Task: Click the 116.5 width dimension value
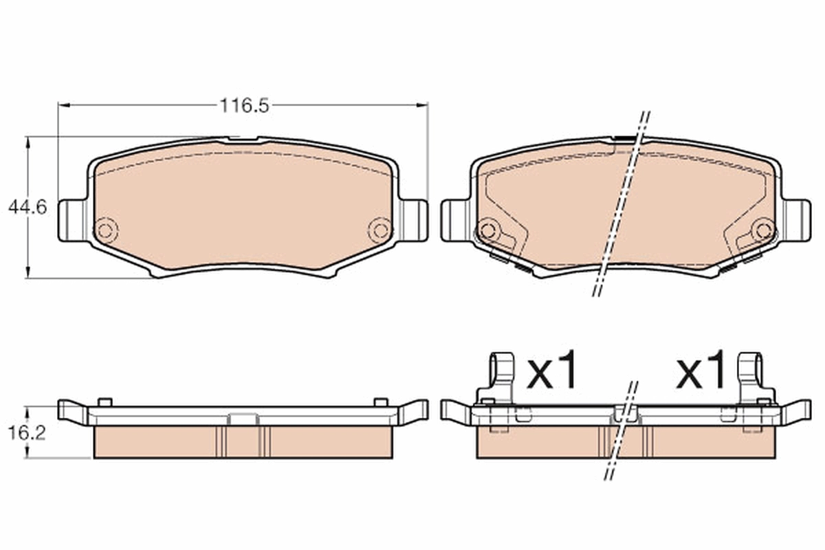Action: [245, 106]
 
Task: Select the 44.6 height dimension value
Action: [27, 208]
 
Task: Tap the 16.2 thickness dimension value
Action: [27, 433]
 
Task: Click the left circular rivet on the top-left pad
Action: [105, 230]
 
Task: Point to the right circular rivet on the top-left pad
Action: [380, 230]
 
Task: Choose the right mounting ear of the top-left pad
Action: [413, 220]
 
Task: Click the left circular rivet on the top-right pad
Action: [488, 230]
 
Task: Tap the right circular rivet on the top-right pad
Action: [763, 230]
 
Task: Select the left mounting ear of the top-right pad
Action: [456, 220]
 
